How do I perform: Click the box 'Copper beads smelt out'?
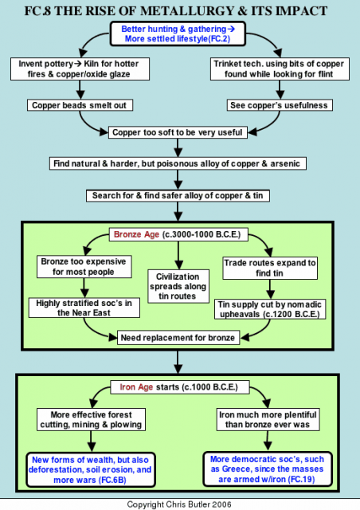tap(80, 105)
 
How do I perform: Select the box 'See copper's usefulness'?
tap(280, 105)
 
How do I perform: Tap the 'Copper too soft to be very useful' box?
tap(178, 132)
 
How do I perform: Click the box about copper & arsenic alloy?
tap(178, 163)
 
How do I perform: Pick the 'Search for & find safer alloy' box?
tap(178, 195)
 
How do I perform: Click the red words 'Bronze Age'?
tap(136, 234)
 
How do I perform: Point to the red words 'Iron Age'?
tap(136, 387)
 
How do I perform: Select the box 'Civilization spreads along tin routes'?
tap(178, 286)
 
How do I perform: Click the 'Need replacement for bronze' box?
tap(178, 338)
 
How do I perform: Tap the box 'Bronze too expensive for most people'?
tap(84, 266)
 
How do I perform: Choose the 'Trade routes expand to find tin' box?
tap(270, 268)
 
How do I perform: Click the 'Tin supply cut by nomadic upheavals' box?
tap(270, 309)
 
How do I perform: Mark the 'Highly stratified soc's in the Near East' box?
tap(84, 308)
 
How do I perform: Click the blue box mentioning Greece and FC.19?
tap(268, 469)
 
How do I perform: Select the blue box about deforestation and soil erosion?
tap(91, 469)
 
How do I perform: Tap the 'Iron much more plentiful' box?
tap(268, 420)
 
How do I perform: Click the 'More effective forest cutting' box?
tap(91, 420)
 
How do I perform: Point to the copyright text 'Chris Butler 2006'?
tap(198, 504)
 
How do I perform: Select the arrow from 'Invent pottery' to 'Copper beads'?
tap(80, 90)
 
